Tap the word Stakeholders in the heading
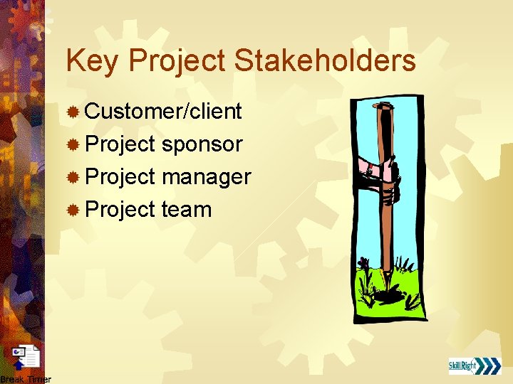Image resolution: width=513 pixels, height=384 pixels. pos(325,61)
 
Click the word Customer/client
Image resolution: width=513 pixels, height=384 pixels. pos(163,112)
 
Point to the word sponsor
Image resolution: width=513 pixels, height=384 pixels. pos(202,145)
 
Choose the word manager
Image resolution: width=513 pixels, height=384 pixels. pos(206,177)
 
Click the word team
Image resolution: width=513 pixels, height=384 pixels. pos(187,210)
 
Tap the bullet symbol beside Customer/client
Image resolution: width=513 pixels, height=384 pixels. pos(72,112)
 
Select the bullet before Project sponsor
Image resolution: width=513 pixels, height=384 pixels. pos(72,145)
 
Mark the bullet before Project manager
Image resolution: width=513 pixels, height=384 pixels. pos(72,178)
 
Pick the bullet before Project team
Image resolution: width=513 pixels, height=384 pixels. pos(72,210)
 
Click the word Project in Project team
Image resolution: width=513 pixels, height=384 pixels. pos(120,210)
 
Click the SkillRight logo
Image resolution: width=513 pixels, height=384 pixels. pos(475,366)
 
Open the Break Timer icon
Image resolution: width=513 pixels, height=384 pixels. pos(27,358)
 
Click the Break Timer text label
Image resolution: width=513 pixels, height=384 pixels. pos(26,379)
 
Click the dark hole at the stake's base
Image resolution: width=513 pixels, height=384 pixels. pos(389,292)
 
